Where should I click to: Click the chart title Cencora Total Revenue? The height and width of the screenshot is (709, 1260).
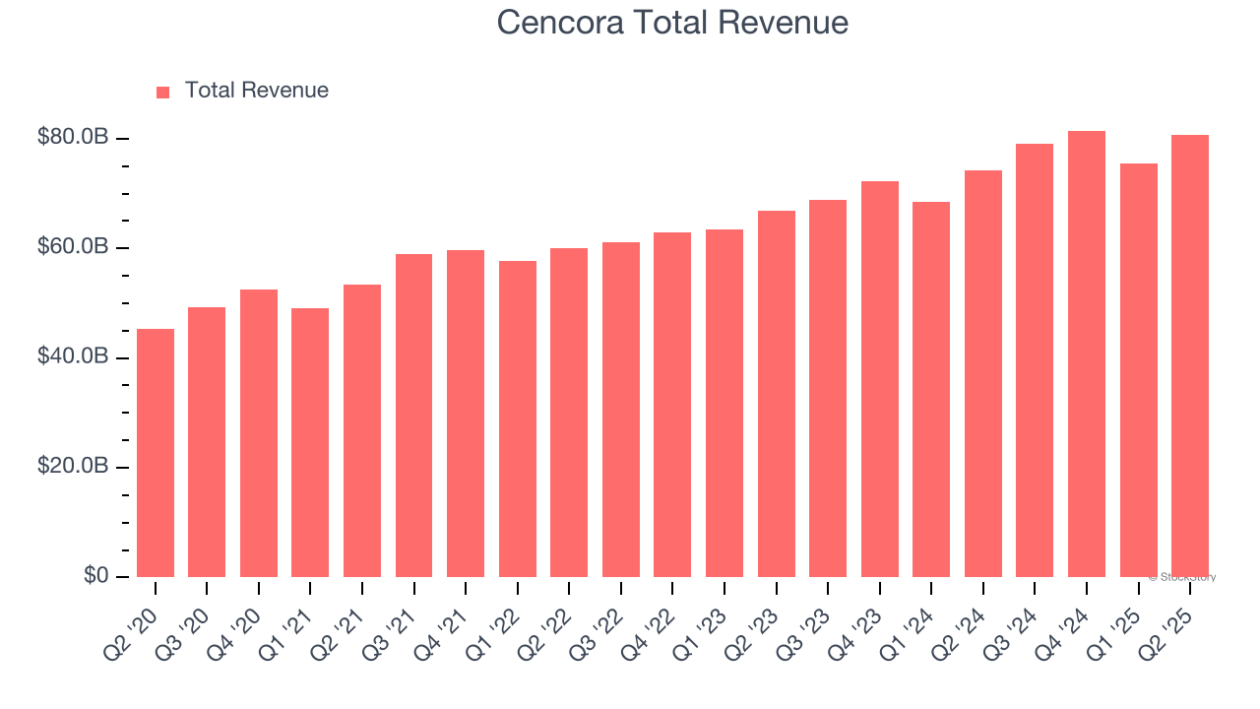(672, 22)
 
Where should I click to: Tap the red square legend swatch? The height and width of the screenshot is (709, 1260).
(163, 93)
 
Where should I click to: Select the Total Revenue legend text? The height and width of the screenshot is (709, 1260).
(256, 91)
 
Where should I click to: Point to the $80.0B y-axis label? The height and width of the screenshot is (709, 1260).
(72, 138)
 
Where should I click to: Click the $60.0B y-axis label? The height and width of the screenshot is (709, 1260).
(72, 247)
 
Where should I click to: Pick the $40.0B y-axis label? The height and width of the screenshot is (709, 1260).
(72, 356)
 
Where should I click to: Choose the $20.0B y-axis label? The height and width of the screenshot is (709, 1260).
(72, 467)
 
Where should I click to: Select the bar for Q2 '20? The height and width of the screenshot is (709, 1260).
(156, 453)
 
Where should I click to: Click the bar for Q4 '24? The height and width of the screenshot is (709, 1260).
(1087, 354)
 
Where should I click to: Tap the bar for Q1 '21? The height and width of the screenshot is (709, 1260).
(310, 443)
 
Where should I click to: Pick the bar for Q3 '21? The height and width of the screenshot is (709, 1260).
(413, 416)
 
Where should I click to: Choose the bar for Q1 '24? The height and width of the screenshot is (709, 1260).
(931, 389)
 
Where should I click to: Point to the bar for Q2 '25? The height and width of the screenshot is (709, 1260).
(1190, 356)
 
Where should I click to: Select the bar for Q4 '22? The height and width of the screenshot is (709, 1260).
(672, 405)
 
